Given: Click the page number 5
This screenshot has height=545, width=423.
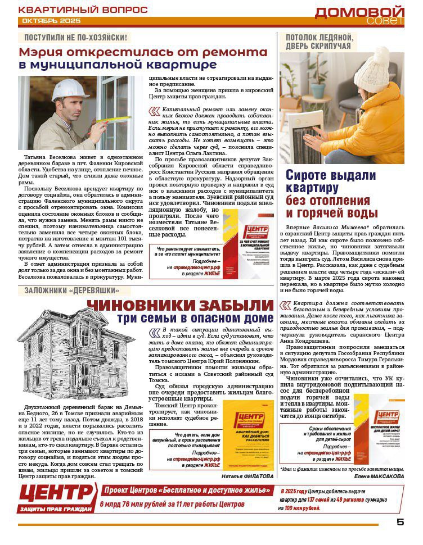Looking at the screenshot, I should coord(400,521).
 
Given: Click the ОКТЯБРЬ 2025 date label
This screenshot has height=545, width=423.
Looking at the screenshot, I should coord(51,21).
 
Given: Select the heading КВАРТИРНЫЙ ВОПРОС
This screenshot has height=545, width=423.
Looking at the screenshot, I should coord(83,10).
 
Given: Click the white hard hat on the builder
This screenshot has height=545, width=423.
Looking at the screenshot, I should coord(67,89).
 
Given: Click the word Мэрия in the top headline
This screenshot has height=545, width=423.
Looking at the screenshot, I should coord(44,52).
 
